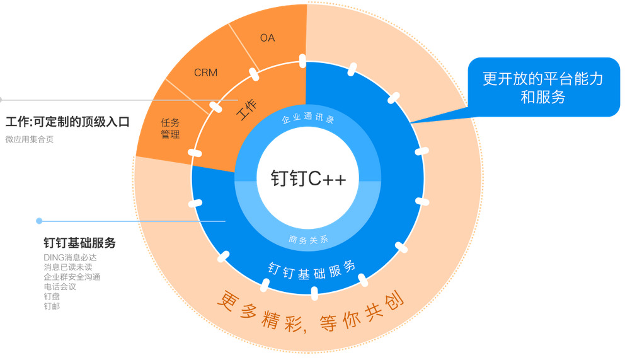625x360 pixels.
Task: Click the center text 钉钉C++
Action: (x=308, y=178)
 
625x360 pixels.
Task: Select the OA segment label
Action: (x=267, y=38)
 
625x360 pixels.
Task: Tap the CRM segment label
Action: (x=205, y=73)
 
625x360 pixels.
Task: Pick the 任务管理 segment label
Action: (x=170, y=129)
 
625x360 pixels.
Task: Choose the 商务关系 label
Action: (x=308, y=239)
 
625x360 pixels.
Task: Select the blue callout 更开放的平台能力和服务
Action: (x=543, y=88)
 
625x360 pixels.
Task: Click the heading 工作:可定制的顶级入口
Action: (x=67, y=122)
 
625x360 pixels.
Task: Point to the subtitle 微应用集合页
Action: (x=30, y=139)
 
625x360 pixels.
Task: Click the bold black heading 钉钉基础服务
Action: (x=79, y=243)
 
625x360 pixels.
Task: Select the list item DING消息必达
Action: (x=70, y=257)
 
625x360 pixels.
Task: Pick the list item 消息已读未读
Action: (x=67, y=267)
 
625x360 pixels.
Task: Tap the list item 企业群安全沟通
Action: (x=72, y=277)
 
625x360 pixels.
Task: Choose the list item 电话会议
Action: (x=59, y=286)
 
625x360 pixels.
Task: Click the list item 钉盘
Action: (x=51, y=296)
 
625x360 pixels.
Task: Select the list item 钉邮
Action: (x=51, y=306)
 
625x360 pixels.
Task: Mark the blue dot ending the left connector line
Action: (x=39, y=221)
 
